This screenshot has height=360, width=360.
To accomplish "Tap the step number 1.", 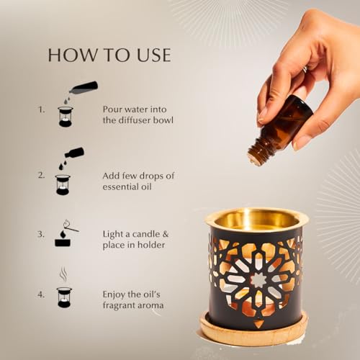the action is (42, 109).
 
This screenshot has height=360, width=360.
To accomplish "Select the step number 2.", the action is (42, 176).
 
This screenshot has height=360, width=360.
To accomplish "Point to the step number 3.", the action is (41, 234).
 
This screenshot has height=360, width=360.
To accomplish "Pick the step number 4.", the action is (41, 294).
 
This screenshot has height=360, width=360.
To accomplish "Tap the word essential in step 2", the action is (120, 186).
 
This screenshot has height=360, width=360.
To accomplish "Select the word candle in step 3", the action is (146, 234).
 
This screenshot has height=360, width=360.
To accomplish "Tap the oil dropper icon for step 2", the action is (68, 171).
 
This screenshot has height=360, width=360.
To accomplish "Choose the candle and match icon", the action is (66, 233).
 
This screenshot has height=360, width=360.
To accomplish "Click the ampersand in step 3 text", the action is (166, 234).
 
